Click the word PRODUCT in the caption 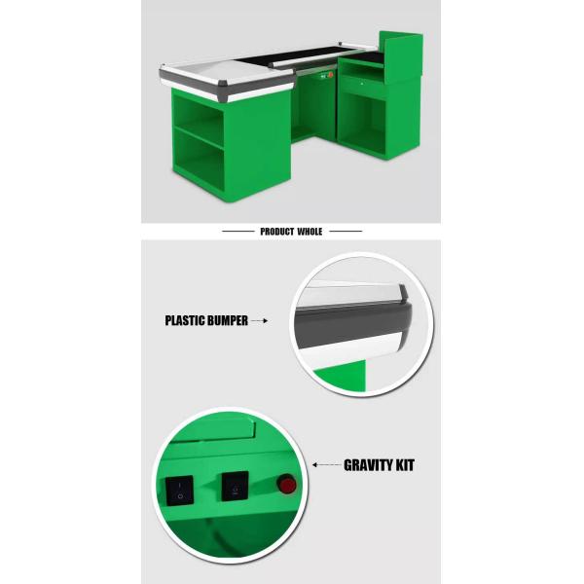pos(276,232)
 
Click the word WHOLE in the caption pos(310,232)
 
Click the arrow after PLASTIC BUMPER pos(260,320)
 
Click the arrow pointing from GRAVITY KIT pos(327,465)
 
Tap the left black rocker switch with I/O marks pos(179,491)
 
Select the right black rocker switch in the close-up pos(235,487)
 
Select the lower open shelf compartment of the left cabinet pos(199,161)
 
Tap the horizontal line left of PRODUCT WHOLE pos(238,232)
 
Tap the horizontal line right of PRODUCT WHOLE pos(346,232)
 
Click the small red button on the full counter pos(330,75)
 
